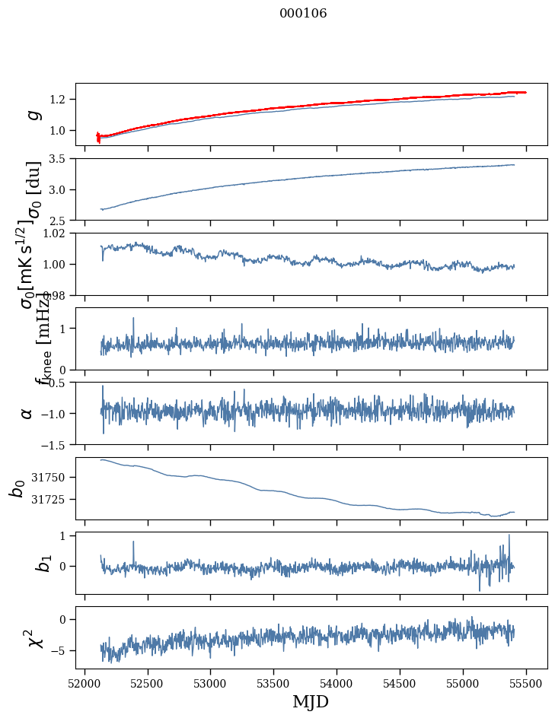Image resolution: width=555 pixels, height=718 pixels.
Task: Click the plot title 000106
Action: pyautogui.click(x=303, y=14)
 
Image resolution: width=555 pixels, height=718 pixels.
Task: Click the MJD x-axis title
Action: pyautogui.click(x=311, y=701)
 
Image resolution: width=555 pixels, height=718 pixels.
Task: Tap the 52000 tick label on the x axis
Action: pyautogui.click(x=85, y=685)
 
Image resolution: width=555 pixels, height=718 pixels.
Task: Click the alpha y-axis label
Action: pyautogui.click(x=27, y=413)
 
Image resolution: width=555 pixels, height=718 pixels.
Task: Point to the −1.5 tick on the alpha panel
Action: pyautogui.click(x=56, y=444)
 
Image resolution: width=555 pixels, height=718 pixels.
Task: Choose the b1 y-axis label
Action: pyautogui.click(x=24, y=563)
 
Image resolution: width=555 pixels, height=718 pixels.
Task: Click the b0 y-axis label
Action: pyautogui.click(x=18, y=488)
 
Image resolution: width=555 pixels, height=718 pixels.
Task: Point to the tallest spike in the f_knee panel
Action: pyautogui.click(x=133, y=319)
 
